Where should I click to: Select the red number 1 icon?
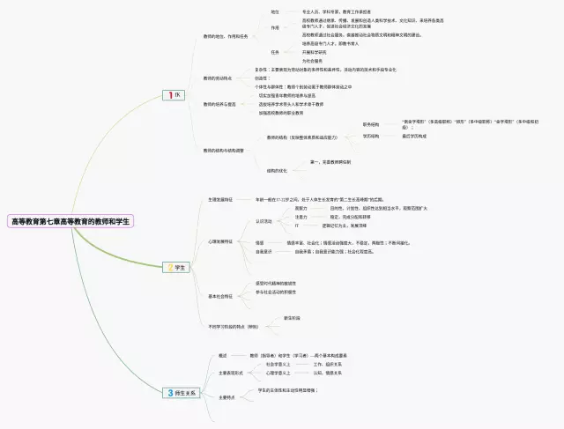[169, 94]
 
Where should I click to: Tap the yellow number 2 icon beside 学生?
[171, 267]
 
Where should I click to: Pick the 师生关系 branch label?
[187, 392]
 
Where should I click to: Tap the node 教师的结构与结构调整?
[226, 151]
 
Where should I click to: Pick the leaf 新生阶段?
[291, 317]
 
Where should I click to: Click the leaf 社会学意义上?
[278, 363]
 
